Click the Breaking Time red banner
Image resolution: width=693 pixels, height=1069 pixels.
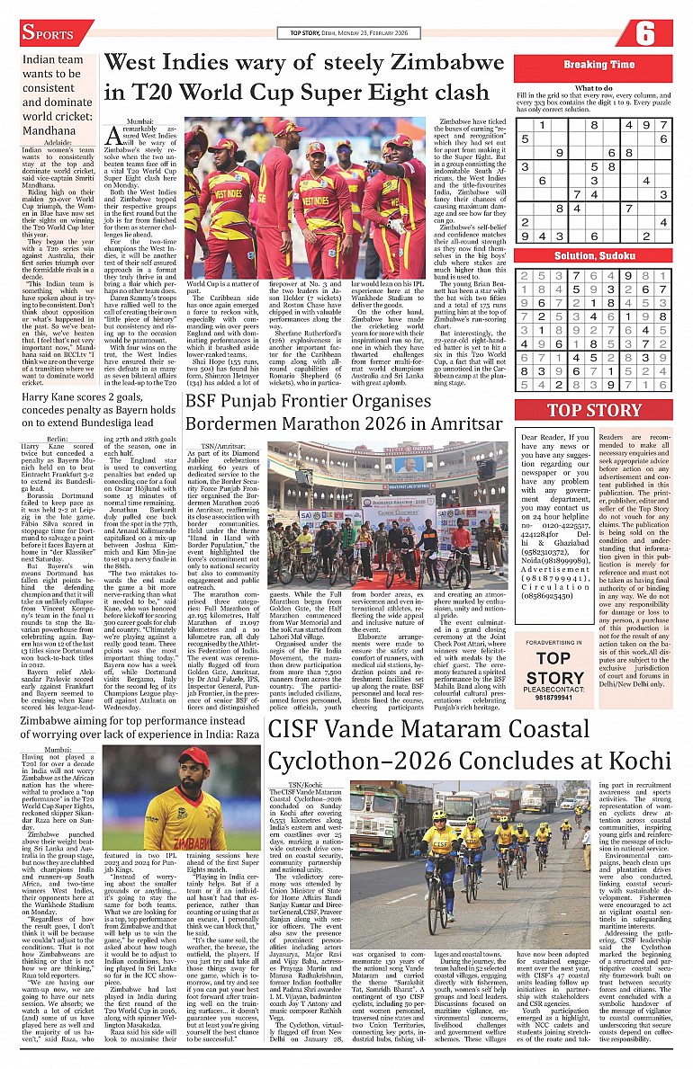click(x=598, y=65)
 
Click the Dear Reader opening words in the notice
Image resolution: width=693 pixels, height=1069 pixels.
click(x=544, y=437)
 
